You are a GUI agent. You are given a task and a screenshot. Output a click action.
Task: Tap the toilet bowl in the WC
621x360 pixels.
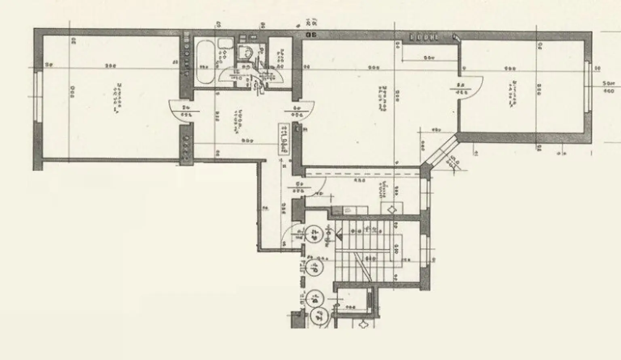coord(245,52)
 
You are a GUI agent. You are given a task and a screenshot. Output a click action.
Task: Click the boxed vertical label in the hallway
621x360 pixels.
coord(284,138)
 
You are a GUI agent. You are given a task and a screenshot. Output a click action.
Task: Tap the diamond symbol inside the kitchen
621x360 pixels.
coord(391,210)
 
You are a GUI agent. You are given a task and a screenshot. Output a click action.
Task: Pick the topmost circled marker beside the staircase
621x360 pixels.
coord(314,233)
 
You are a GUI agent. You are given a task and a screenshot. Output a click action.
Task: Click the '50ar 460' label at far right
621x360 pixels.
coord(608,87)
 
